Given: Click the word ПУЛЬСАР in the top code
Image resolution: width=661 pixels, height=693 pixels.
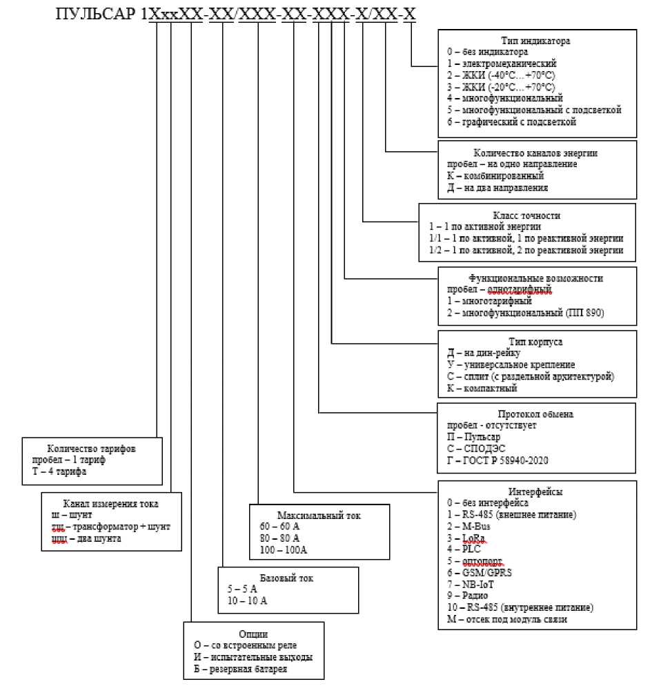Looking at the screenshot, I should click(95, 13).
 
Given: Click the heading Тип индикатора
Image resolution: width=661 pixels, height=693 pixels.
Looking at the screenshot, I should click(535, 40).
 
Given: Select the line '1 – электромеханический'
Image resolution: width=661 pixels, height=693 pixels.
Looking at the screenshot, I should click(495, 63).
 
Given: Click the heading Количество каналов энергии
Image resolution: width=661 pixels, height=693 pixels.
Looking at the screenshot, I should click(535, 153).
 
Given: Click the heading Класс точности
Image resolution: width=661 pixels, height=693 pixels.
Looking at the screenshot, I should click(526, 215).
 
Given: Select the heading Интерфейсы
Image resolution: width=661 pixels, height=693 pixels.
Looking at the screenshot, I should click(535, 491).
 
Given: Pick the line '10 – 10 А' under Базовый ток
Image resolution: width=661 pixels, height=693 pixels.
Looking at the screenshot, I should click(247, 601).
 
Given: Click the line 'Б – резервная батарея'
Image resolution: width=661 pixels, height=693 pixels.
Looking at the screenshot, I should click(240, 669).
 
